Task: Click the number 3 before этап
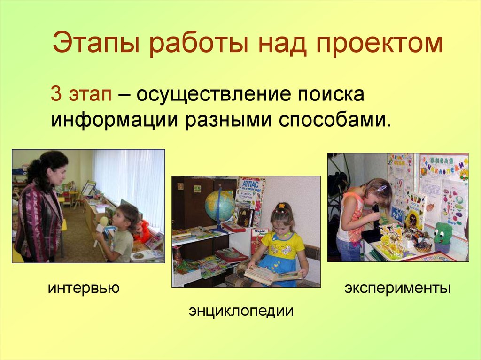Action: point(56,93)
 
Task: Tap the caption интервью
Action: point(84,287)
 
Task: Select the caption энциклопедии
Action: point(241,310)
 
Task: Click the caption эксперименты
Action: point(397,287)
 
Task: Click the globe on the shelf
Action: point(220,206)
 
